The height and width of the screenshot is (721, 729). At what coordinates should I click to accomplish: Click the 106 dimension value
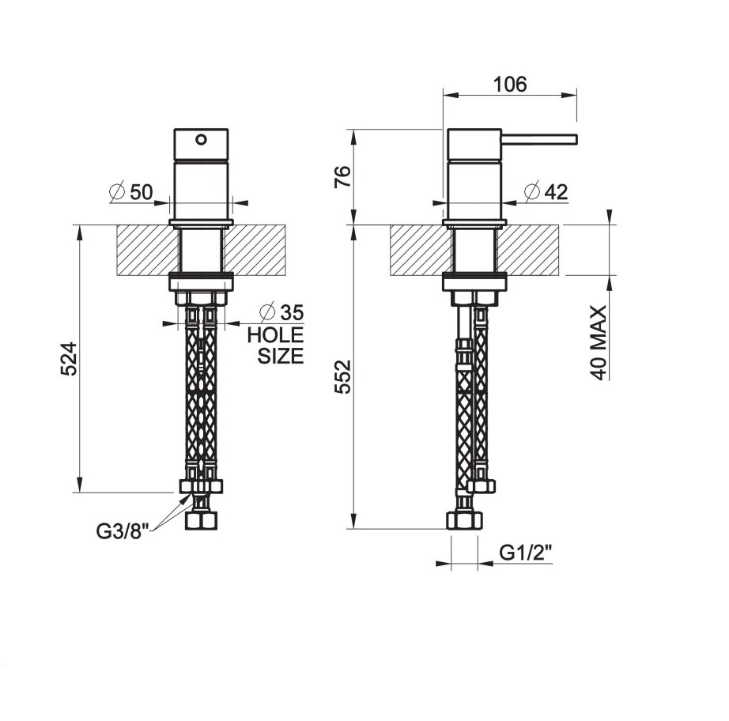pos(510,85)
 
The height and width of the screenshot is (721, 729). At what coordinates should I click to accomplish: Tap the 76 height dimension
pos(343,176)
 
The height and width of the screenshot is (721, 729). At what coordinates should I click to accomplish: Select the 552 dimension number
pos(343,377)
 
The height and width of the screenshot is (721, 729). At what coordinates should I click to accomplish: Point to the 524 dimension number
pos(70,359)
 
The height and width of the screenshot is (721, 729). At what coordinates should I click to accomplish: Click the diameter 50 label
pos(130,192)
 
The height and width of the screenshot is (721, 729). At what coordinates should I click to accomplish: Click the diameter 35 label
pos(281,312)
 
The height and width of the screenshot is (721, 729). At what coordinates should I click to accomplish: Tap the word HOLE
pos(275,334)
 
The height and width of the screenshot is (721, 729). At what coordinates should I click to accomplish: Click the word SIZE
pos(281,356)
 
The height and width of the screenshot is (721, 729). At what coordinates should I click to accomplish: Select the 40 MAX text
pos(599,342)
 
